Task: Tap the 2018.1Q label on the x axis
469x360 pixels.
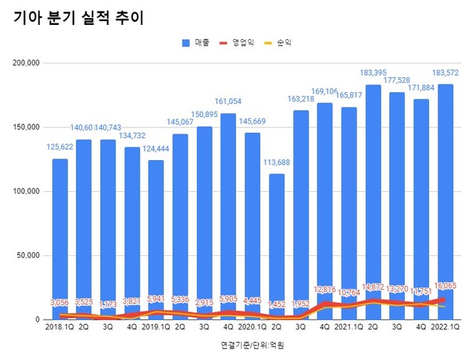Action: pos(60,329)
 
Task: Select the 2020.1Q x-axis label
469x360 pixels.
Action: pos(252,329)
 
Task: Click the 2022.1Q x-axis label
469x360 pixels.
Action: pos(446,329)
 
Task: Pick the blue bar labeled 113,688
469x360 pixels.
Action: pos(277,246)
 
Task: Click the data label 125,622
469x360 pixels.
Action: pos(60,147)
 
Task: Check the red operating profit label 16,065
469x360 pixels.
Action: pos(446,287)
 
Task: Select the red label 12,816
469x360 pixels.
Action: pos(325,290)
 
